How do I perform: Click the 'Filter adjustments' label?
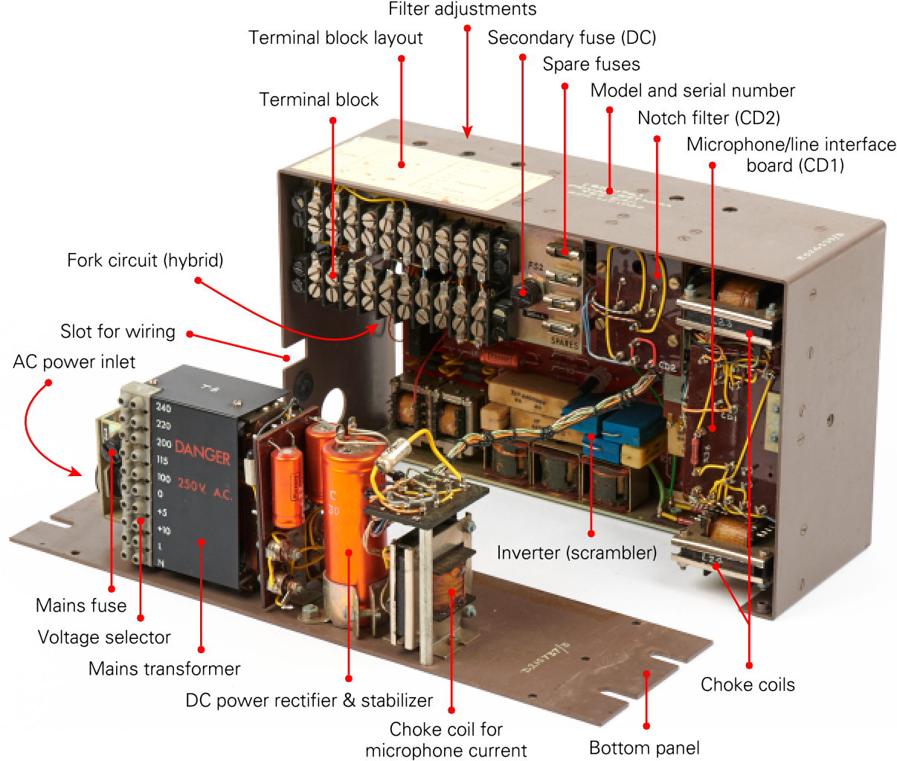(x=462, y=10)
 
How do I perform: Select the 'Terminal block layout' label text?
(x=335, y=38)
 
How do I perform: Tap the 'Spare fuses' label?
(x=591, y=64)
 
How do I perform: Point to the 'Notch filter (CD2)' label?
(x=708, y=118)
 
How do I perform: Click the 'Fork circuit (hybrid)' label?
(x=145, y=260)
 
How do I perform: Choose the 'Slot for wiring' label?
(x=118, y=332)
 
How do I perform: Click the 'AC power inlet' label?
(x=74, y=362)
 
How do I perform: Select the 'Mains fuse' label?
(x=81, y=606)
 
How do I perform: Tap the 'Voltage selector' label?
(x=104, y=638)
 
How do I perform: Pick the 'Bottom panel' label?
(x=644, y=748)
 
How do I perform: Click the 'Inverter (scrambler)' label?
(x=576, y=553)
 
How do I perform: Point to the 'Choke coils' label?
(x=747, y=684)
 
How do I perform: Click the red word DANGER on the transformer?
(x=202, y=452)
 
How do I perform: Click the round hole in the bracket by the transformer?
(x=332, y=402)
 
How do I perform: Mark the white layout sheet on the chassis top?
(x=439, y=170)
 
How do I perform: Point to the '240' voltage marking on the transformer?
(x=163, y=408)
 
